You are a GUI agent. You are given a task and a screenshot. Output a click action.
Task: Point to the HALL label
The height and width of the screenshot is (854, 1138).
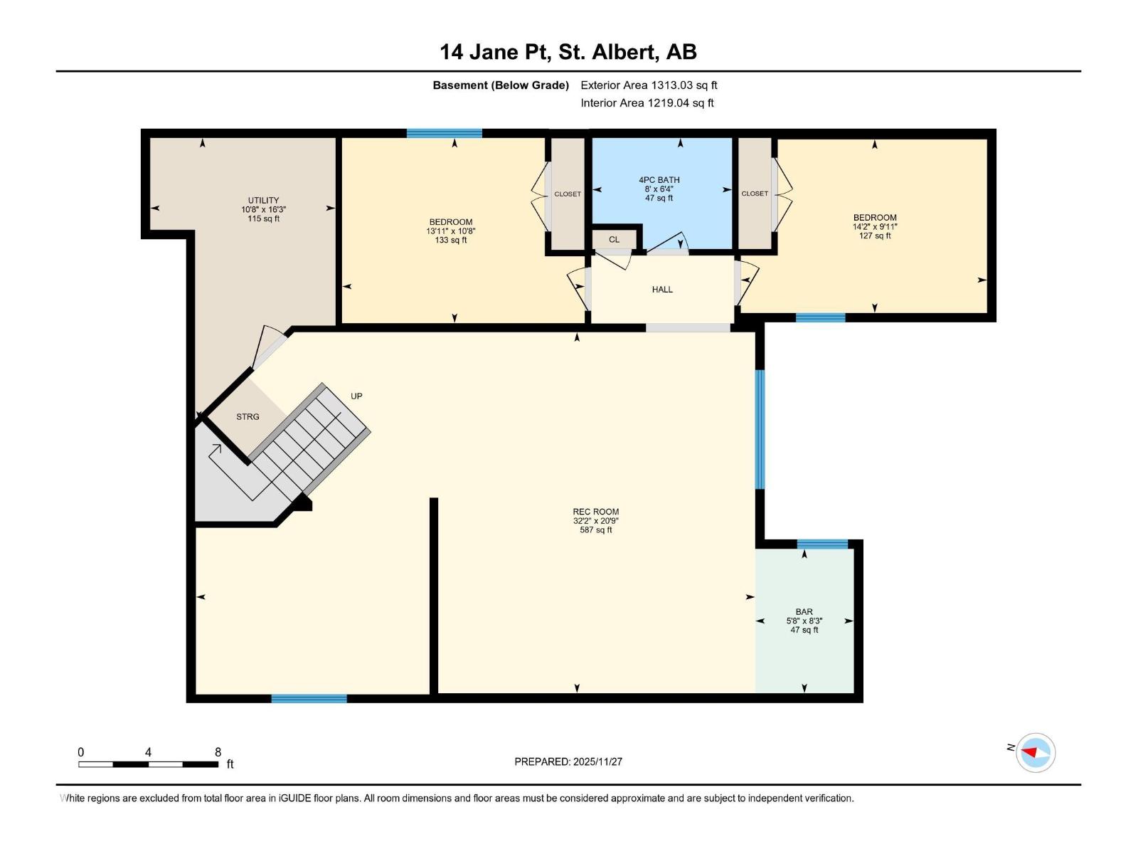pos(662,290)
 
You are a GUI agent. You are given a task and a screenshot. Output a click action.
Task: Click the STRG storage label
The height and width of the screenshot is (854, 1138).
pos(248,417)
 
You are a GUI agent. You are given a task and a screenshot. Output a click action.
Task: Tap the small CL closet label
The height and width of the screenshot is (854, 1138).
pos(614,240)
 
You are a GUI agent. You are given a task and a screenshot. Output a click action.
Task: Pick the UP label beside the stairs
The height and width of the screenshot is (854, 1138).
pos(356,396)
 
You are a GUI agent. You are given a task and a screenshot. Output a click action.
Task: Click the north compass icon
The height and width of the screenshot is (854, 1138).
pos(1035,752)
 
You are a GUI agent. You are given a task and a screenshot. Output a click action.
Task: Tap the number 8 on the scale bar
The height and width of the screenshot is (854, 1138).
pos(218,752)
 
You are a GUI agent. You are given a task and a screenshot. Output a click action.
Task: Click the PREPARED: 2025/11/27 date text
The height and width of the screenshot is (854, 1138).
pos(568,761)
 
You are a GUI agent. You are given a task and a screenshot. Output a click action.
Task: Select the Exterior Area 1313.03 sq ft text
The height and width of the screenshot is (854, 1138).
pos(649,85)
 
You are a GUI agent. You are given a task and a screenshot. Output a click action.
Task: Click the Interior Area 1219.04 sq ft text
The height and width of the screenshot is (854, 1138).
pos(647,103)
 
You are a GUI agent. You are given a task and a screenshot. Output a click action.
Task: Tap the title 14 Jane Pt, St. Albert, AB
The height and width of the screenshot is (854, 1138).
pos(568,52)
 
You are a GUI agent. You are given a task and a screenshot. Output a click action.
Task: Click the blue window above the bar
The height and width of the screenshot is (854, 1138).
pos(822,544)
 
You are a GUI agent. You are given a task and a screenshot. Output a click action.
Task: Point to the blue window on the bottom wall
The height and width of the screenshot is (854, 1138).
pos(309,698)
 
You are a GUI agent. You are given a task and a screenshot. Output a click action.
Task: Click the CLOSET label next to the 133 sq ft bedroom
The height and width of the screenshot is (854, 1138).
pos(568,194)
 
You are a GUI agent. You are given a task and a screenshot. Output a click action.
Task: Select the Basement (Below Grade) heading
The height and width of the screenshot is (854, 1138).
pos(501,85)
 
